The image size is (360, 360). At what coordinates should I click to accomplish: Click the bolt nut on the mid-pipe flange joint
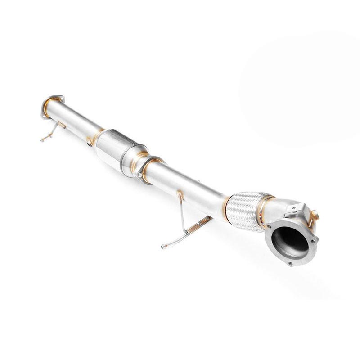coord(141,173)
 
